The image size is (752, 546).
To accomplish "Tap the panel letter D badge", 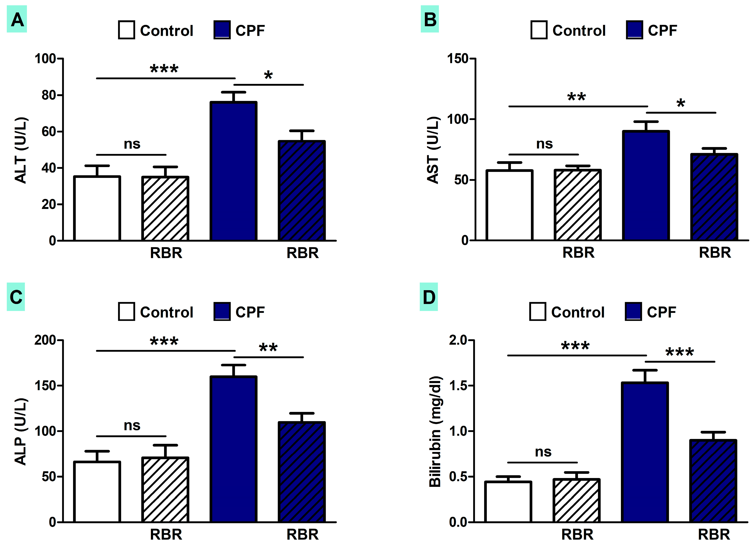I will [x=429, y=297].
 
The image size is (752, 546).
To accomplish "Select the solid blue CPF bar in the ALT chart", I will [x=234, y=171].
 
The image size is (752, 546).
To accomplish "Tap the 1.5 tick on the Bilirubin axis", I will [x=458, y=386].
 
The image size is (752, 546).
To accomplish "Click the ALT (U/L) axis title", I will [x=20, y=150].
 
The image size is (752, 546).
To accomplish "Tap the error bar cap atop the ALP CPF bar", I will [x=234, y=365].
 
